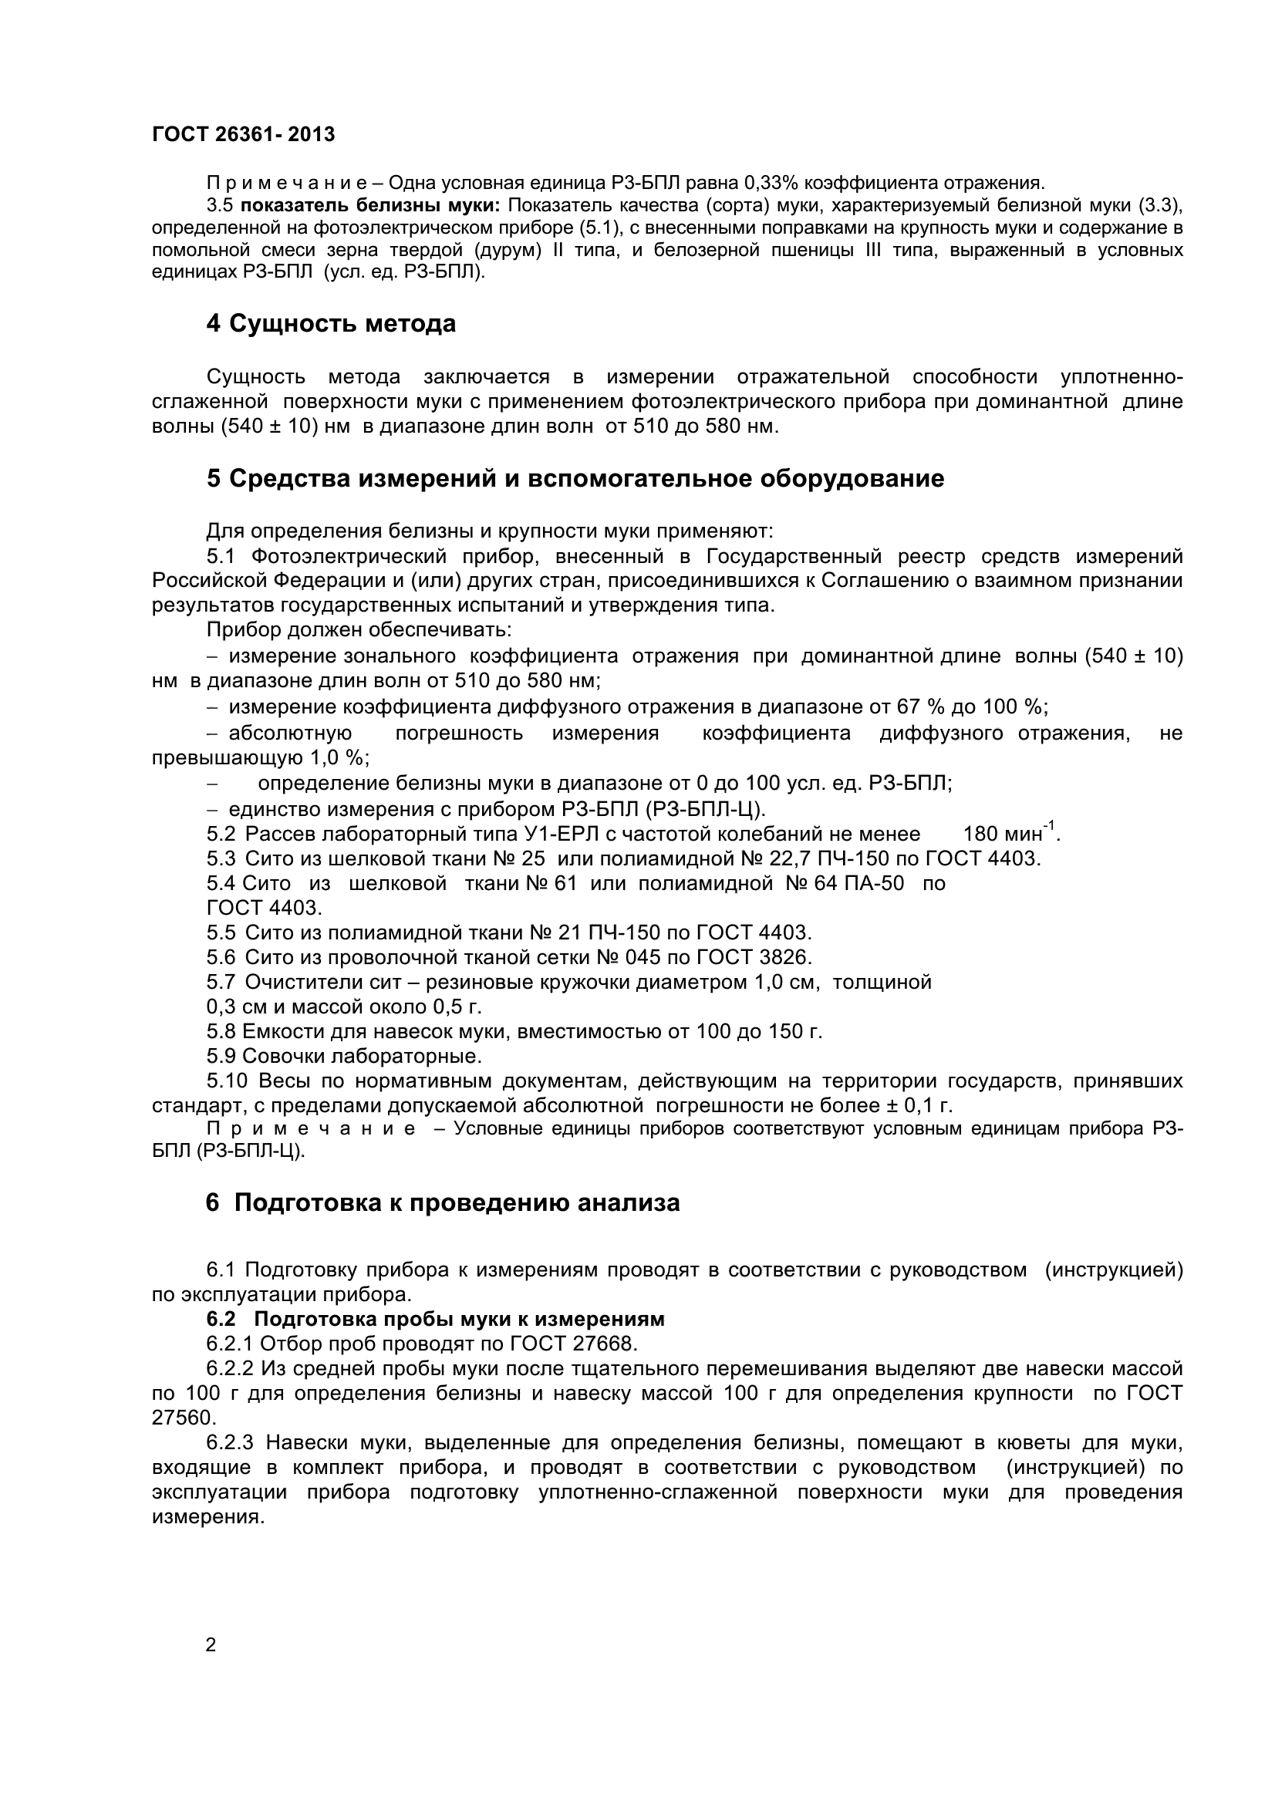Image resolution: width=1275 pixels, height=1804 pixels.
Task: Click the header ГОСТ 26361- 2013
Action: [x=243, y=135]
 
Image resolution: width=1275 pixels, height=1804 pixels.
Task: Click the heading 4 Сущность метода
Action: [x=331, y=324]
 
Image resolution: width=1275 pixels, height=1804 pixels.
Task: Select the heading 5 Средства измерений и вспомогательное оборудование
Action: [x=575, y=478]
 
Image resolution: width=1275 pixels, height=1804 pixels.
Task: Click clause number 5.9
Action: [x=221, y=1057]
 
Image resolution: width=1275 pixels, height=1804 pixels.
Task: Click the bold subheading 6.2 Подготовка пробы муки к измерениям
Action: [x=435, y=1319]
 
